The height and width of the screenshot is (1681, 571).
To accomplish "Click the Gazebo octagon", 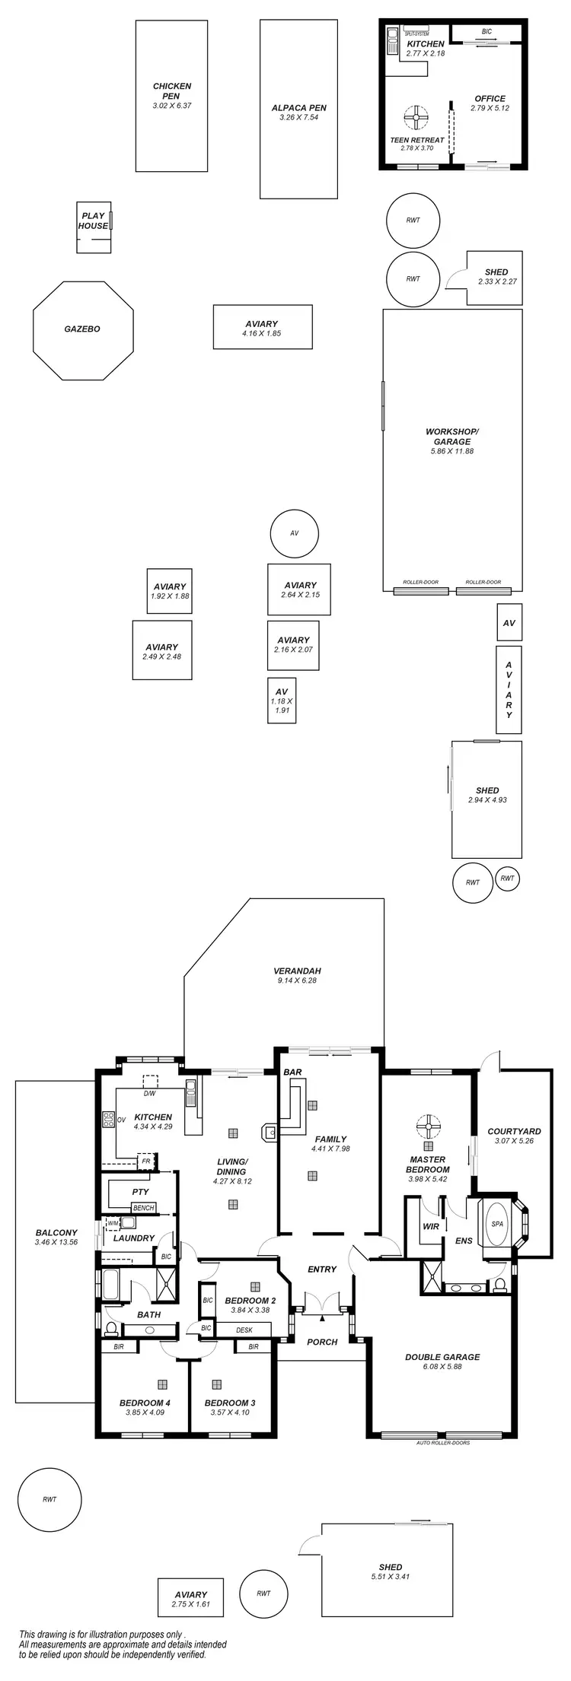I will click(x=83, y=330).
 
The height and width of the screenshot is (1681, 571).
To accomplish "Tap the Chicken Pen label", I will click(x=171, y=91).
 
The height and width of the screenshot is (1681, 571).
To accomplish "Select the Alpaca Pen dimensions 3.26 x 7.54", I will click(x=298, y=118).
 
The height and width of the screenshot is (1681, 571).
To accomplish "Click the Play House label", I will click(x=93, y=221).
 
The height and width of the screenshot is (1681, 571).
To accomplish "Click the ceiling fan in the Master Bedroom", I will click(x=429, y=1125).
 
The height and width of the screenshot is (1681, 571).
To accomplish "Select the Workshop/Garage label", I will click(x=452, y=437).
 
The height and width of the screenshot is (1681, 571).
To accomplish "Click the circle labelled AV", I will click(x=295, y=533).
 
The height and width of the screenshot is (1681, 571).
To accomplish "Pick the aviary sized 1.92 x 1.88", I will click(x=170, y=591).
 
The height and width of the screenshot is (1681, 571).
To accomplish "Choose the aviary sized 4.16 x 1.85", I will click(x=262, y=329).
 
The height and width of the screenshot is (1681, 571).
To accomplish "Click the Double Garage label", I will click(x=442, y=1355).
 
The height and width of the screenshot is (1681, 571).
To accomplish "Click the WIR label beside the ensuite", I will click(x=431, y=1226).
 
